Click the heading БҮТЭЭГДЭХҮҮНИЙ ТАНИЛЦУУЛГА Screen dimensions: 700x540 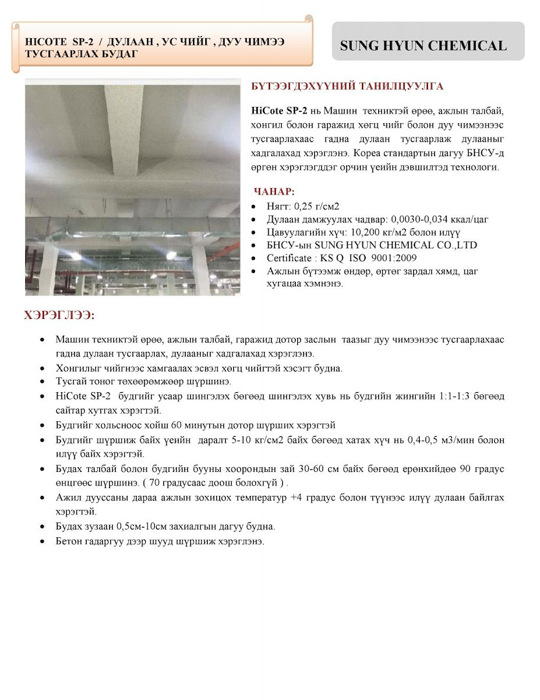click(346, 86)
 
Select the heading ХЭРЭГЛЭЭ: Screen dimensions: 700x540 click(60, 316)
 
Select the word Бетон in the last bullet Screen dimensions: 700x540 click(69, 541)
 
